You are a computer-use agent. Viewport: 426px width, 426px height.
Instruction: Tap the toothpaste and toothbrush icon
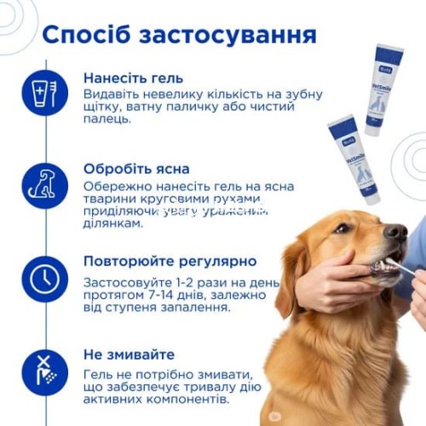click(x=44, y=93)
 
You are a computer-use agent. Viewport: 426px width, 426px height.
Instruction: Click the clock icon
click(x=44, y=277)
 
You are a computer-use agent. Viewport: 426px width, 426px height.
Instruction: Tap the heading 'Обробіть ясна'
click(x=136, y=169)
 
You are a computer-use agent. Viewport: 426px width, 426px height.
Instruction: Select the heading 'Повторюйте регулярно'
click(x=170, y=261)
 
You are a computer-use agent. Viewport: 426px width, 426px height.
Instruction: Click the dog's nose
click(x=396, y=231)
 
